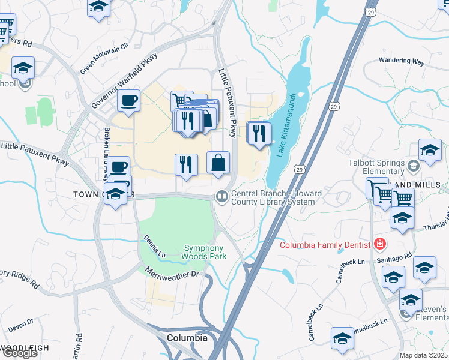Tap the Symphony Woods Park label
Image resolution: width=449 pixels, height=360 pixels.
pyautogui.click(x=203, y=253)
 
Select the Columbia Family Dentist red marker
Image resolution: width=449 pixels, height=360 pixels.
pyautogui.click(x=379, y=244)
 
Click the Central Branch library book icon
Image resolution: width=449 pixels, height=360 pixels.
pyautogui.click(x=221, y=196)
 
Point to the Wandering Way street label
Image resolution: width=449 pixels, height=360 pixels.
pyautogui.click(x=402, y=61)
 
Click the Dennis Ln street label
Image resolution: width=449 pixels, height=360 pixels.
pyautogui.click(x=151, y=247)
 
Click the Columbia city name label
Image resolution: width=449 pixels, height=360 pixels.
pyautogui.click(x=187, y=338)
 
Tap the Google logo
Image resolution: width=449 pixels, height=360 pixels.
pyautogui.click(x=20, y=353)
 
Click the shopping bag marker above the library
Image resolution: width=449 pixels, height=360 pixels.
pyautogui.click(x=218, y=163)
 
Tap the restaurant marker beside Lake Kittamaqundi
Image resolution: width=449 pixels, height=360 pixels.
pyautogui.click(x=259, y=133)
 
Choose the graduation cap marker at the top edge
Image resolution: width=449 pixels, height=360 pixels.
pyautogui.click(x=98, y=7)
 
